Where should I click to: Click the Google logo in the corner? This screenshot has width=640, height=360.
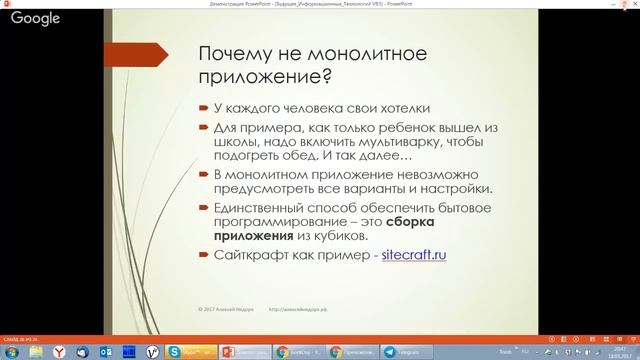coord(36,18)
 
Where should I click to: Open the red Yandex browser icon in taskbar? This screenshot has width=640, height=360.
coord(58,351)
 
